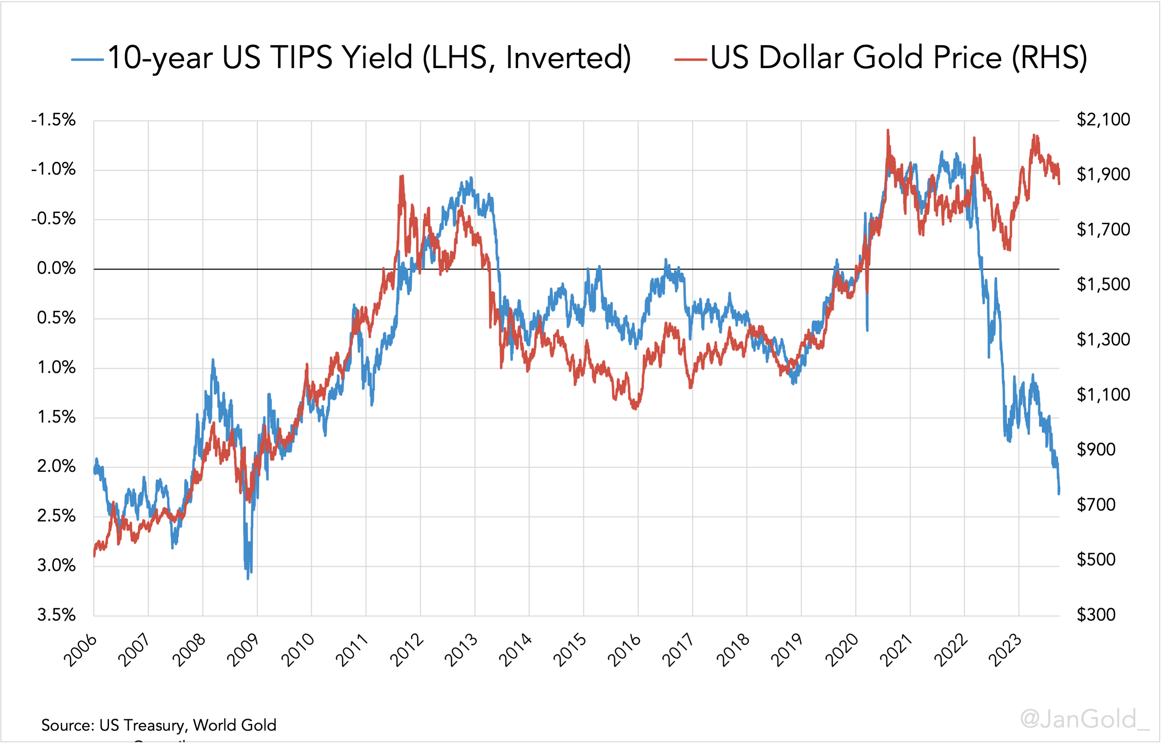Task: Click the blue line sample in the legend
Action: point(87,59)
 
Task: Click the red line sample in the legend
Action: point(690,59)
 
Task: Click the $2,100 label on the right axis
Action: point(1103,119)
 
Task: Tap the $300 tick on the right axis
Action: point(1096,614)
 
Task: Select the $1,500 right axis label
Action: point(1103,284)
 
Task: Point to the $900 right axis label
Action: point(1096,449)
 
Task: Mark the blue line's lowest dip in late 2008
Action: point(248,578)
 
